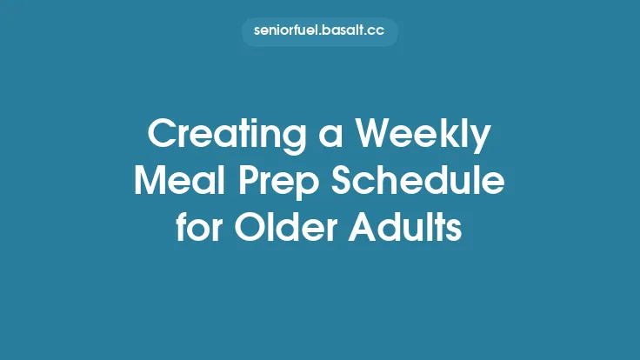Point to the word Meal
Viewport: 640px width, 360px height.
point(173,183)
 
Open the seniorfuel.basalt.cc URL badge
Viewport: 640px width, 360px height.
point(320,32)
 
